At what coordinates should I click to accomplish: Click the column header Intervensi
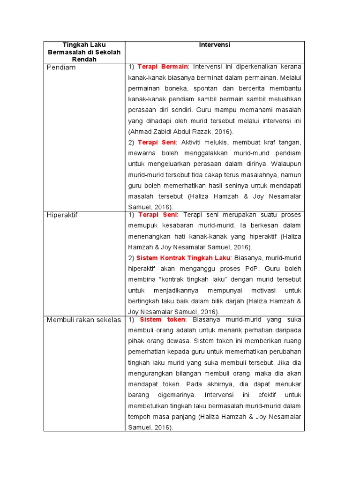[215, 45]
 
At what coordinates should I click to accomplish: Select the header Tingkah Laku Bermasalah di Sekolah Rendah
[84, 52]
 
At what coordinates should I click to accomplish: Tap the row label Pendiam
[61, 67]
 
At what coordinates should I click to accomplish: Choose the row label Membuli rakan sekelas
[83, 320]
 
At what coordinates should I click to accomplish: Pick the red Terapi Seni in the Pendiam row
[157, 142]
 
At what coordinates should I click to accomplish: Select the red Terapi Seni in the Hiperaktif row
[157, 215]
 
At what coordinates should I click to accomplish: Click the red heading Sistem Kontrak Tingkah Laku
[183, 258]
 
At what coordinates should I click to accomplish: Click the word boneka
[177, 88]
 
